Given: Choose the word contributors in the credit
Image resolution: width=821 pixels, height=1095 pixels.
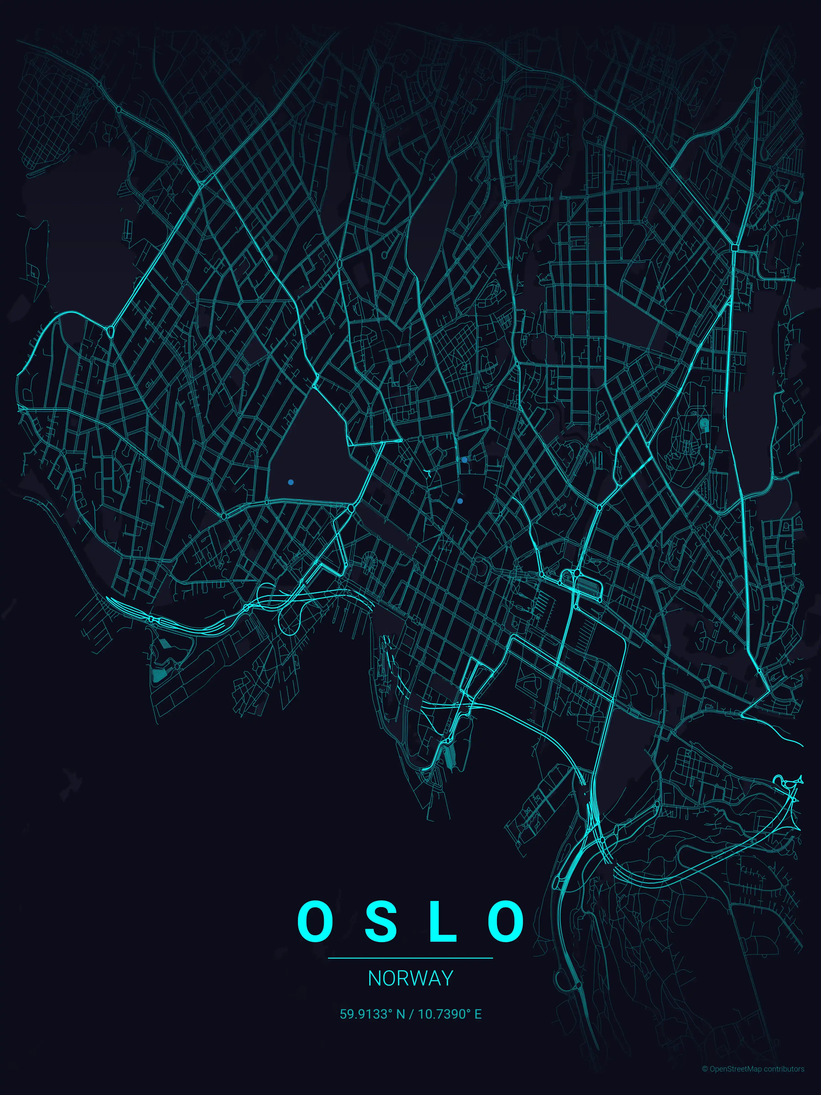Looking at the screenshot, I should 784,1083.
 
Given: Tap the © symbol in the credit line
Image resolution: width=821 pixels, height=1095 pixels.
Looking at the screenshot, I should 705,1083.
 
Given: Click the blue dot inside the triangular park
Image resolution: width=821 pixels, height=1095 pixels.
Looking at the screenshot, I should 291,482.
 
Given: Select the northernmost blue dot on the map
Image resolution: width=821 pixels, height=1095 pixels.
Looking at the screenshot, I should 464,459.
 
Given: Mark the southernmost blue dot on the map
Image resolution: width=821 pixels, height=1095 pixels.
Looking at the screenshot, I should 460,501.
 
